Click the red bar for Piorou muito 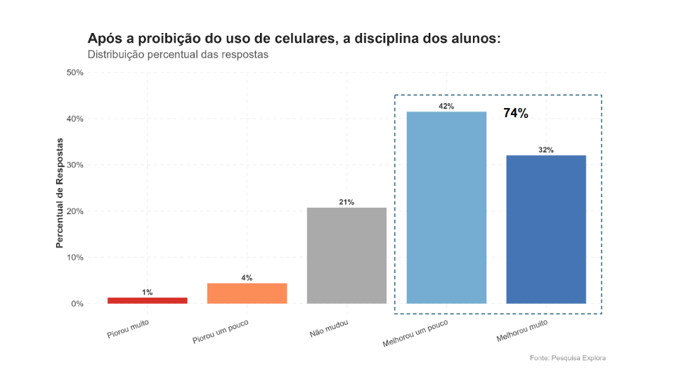[x=148, y=300]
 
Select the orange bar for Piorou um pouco [x=247, y=293]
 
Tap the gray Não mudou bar [x=346, y=256]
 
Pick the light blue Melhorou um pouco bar [x=446, y=208]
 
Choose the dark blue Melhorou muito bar [x=546, y=230]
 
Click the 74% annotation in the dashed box [x=515, y=113]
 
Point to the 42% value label [x=446, y=106]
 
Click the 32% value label [x=546, y=150]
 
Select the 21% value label [x=346, y=202]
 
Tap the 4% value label [x=247, y=278]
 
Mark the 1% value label [x=148, y=292]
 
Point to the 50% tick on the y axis [x=74, y=72]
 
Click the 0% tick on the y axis [x=77, y=304]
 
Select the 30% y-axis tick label [x=74, y=165]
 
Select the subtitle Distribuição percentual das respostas [x=178, y=55]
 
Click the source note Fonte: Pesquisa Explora [x=567, y=358]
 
